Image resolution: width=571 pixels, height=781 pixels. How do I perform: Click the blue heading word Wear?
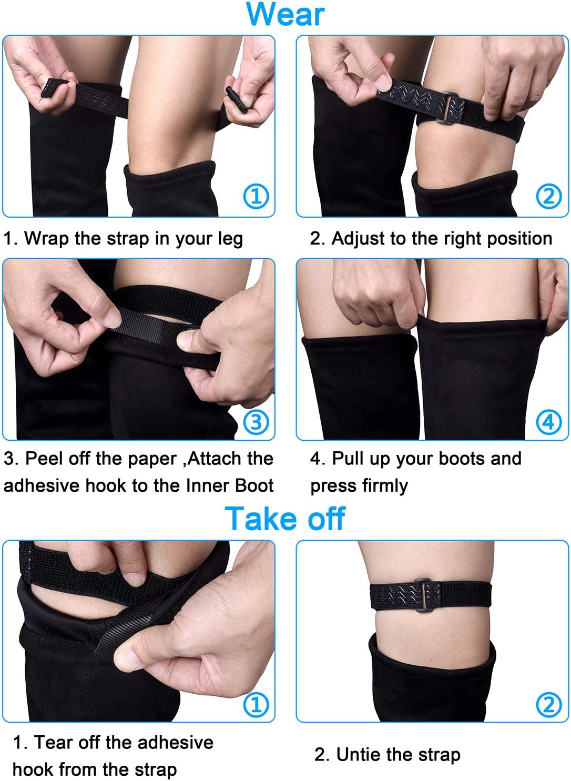point(285,14)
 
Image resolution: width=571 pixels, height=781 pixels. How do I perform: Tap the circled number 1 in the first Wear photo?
point(256,196)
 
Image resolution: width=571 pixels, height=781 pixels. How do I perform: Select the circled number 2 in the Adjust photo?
point(549,196)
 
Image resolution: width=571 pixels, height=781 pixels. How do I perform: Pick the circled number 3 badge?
point(256,422)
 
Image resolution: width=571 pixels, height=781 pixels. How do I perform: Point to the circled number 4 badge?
point(549,422)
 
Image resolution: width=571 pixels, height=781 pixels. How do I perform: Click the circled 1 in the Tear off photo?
point(256,704)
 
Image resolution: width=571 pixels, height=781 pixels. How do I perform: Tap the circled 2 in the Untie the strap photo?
point(549,704)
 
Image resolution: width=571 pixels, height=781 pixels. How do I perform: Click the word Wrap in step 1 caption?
point(47,239)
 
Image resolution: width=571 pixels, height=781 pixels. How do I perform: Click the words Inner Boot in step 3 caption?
point(230,486)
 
